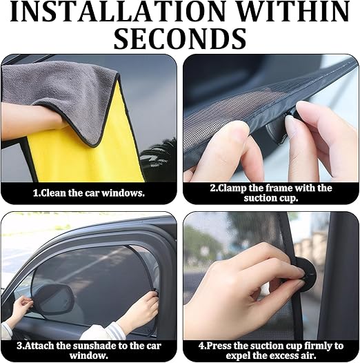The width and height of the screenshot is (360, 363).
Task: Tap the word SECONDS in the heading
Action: click(x=180, y=39)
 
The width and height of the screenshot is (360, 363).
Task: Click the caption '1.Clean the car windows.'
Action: click(x=89, y=193)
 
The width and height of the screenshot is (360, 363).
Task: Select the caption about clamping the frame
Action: click(x=270, y=193)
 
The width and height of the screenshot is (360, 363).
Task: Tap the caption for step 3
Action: click(x=89, y=350)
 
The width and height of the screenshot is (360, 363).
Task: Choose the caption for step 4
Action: click(x=270, y=350)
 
